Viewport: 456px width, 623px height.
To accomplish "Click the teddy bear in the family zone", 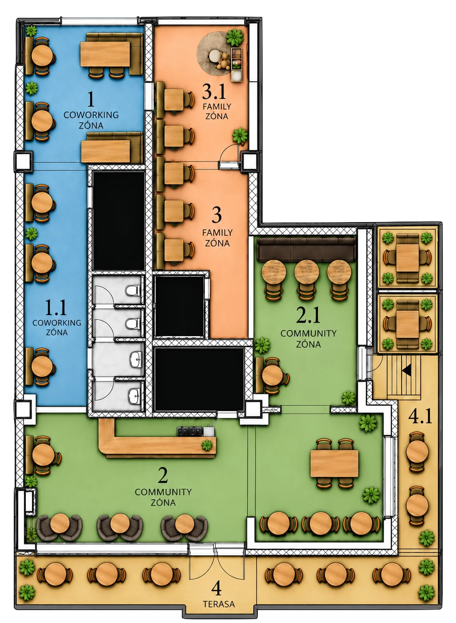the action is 223,61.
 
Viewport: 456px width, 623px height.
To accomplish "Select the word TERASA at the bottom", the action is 219,604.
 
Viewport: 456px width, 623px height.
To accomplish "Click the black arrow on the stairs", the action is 407,370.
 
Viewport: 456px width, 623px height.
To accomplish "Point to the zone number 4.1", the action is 420,417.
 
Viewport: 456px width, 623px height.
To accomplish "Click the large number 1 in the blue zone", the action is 91,99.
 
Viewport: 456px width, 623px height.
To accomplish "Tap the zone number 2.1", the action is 308,315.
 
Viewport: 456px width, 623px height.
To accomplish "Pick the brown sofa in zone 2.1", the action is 307,249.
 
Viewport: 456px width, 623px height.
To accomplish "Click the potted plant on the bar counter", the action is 207,445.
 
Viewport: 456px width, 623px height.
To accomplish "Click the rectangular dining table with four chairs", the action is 334,464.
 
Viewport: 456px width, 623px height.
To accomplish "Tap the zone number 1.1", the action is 56,307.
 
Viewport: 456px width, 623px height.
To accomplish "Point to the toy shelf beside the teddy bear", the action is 236,65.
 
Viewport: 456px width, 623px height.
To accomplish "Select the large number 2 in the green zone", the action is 163,475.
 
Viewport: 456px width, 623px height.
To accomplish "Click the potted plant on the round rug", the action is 235,37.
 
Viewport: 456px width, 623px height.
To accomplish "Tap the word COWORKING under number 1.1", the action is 57,323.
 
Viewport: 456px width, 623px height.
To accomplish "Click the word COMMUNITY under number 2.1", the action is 308,333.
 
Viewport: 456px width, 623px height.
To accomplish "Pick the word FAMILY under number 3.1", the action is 217,106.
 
